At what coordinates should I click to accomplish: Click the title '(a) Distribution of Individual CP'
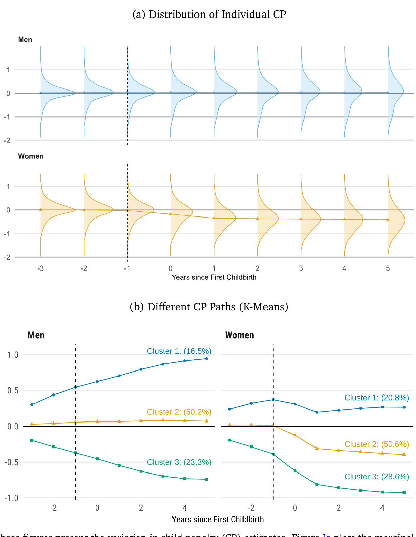click(209, 14)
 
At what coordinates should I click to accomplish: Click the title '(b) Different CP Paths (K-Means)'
click(209, 307)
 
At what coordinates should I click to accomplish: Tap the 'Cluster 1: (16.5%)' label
click(179, 351)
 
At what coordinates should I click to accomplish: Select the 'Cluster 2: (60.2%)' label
click(179, 412)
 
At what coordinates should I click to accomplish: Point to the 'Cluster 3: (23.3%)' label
click(179, 462)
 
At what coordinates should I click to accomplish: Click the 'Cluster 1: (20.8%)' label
click(376, 398)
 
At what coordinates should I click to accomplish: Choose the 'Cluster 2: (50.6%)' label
click(376, 444)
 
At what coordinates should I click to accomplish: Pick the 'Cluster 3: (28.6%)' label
click(376, 477)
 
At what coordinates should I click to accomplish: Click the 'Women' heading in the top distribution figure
click(31, 156)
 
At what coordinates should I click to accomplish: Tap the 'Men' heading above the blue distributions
click(25, 40)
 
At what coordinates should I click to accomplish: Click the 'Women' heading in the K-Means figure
click(239, 335)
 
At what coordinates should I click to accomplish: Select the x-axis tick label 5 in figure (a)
click(388, 268)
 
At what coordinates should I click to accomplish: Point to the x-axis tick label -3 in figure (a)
click(40, 268)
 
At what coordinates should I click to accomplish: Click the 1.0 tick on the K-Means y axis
click(13, 355)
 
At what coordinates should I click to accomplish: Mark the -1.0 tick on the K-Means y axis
click(12, 498)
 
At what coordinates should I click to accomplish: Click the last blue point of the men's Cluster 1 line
click(207, 359)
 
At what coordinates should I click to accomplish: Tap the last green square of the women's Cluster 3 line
click(404, 493)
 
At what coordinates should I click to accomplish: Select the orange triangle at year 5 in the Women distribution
click(388, 220)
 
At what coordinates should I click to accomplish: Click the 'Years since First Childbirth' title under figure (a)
click(214, 277)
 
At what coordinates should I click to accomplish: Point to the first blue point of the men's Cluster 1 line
click(32, 405)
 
